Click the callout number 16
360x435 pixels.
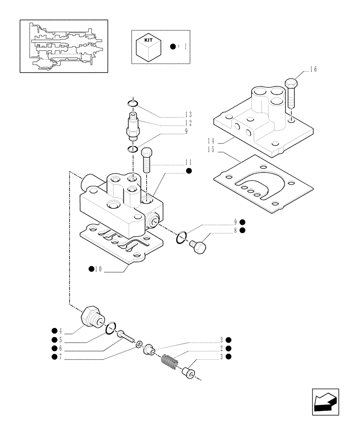tap(313, 69)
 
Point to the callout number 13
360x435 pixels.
tap(188, 114)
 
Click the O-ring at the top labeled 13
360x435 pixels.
tap(133, 104)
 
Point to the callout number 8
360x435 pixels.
tap(235, 230)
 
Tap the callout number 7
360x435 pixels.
tap(60, 357)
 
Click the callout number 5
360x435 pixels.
tap(60, 340)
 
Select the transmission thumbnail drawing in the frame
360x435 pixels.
tap(63, 46)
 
